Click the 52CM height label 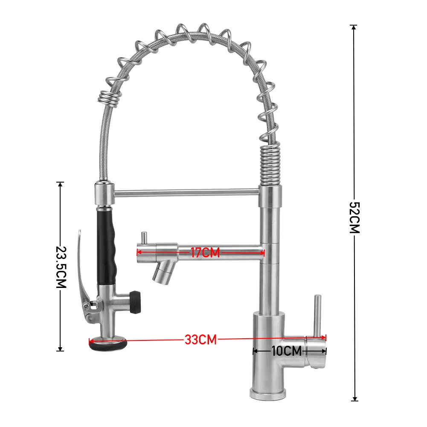pos(355,218)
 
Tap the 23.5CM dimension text pos(61,267)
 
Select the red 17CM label pos(205,253)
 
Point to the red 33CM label pos(200,340)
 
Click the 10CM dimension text pos(287,351)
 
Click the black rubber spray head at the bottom pos(108,343)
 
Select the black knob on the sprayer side pos(135,302)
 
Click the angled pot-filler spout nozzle pos(163,271)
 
